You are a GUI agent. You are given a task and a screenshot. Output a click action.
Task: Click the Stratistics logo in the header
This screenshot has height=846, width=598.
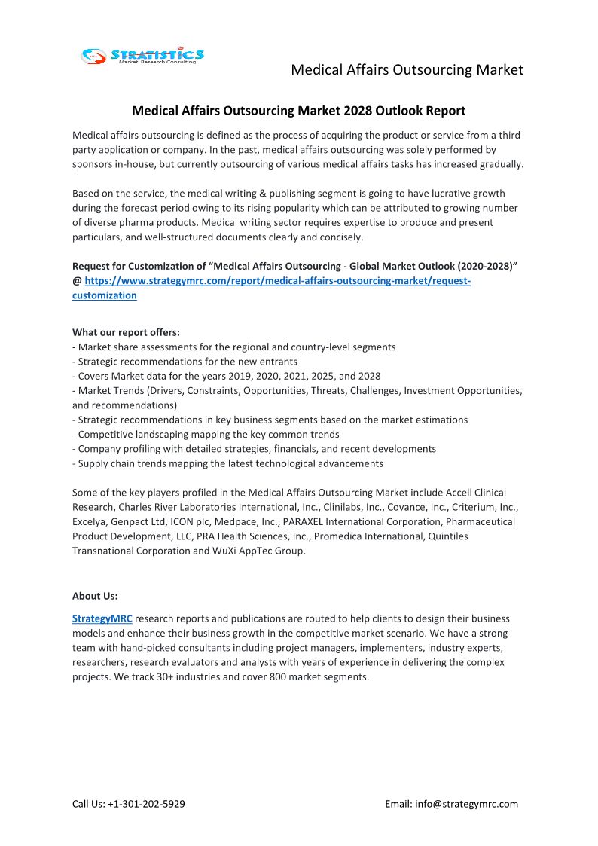142,56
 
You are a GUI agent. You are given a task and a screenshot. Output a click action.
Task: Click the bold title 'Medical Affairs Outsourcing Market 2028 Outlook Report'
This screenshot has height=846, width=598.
298,111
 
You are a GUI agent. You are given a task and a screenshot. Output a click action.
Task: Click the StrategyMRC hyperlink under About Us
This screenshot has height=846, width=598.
102,618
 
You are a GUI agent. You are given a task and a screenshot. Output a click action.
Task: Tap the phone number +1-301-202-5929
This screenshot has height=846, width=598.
145,804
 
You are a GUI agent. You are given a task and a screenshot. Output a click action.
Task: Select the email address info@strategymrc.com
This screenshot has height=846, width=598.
466,804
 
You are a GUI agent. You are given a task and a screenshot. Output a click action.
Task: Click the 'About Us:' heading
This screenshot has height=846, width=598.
95,596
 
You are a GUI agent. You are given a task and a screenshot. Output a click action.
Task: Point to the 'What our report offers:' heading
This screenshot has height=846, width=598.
126,332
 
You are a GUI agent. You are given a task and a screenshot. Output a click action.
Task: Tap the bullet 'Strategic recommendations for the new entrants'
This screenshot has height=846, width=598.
185,362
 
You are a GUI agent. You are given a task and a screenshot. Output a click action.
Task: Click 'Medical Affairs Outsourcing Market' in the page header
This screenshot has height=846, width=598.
407,70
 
